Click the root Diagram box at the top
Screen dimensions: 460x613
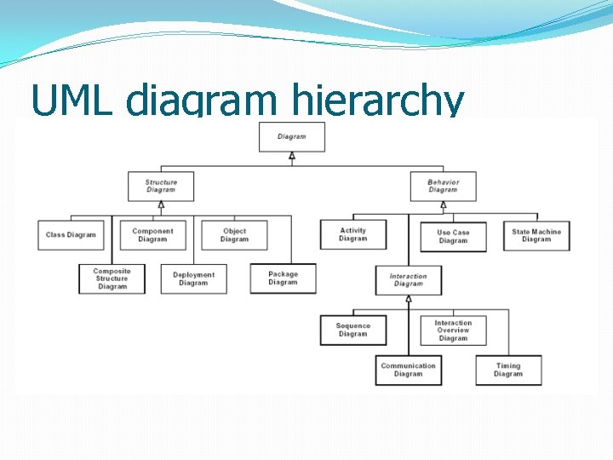pyautogui.click(x=291, y=136)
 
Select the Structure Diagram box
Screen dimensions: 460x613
pyautogui.click(x=161, y=186)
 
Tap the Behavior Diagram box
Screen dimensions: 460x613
pyautogui.click(x=443, y=186)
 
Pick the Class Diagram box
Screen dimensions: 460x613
pyautogui.click(x=71, y=235)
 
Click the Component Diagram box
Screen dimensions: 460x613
pyautogui.click(x=152, y=235)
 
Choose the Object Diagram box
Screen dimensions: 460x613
pyautogui.click(x=234, y=235)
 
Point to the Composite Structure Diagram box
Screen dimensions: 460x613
pyautogui.click(x=112, y=279)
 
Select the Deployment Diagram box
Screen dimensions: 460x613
pyautogui.click(x=193, y=279)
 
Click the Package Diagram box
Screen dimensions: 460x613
pyautogui.click(x=283, y=279)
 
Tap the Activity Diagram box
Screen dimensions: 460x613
pyautogui.click(x=352, y=234)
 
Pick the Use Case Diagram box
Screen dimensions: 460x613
pyautogui.click(x=453, y=236)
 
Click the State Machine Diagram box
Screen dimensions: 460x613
pyautogui.click(x=536, y=235)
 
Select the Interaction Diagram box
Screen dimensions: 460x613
pyautogui.click(x=409, y=280)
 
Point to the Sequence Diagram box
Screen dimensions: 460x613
pyautogui.click(x=352, y=330)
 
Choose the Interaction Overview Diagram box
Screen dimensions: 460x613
pyautogui.click(x=453, y=331)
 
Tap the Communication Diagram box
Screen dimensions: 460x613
pyautogui.click(x=409, y=370)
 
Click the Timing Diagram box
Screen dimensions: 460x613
pyautogui.click(x=508, y=370)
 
